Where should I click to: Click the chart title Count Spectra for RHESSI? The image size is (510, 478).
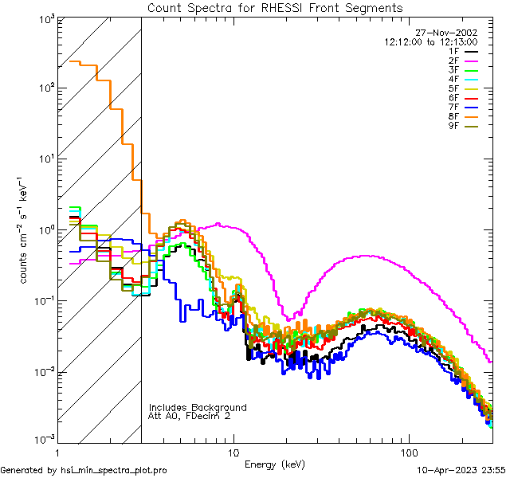pyautogui.click(x=275, y=8)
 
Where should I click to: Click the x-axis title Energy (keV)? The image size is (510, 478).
pyautogui.click(x=274, y=464)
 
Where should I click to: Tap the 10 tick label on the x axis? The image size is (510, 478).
pyautogui.click(x=233, y=453)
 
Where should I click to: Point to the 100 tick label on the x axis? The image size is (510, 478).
pyautogui.click(x=408, y=453)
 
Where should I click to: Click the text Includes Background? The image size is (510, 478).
pyautogui.click(x=198, y=407)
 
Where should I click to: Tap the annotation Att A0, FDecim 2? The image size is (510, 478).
pyautogui.click(x=190, y=416)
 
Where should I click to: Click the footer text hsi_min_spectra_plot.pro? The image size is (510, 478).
pyautogui.click(x=114, y=471)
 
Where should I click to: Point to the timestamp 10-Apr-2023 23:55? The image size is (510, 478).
pyautogui.click(x=461, y=471)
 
